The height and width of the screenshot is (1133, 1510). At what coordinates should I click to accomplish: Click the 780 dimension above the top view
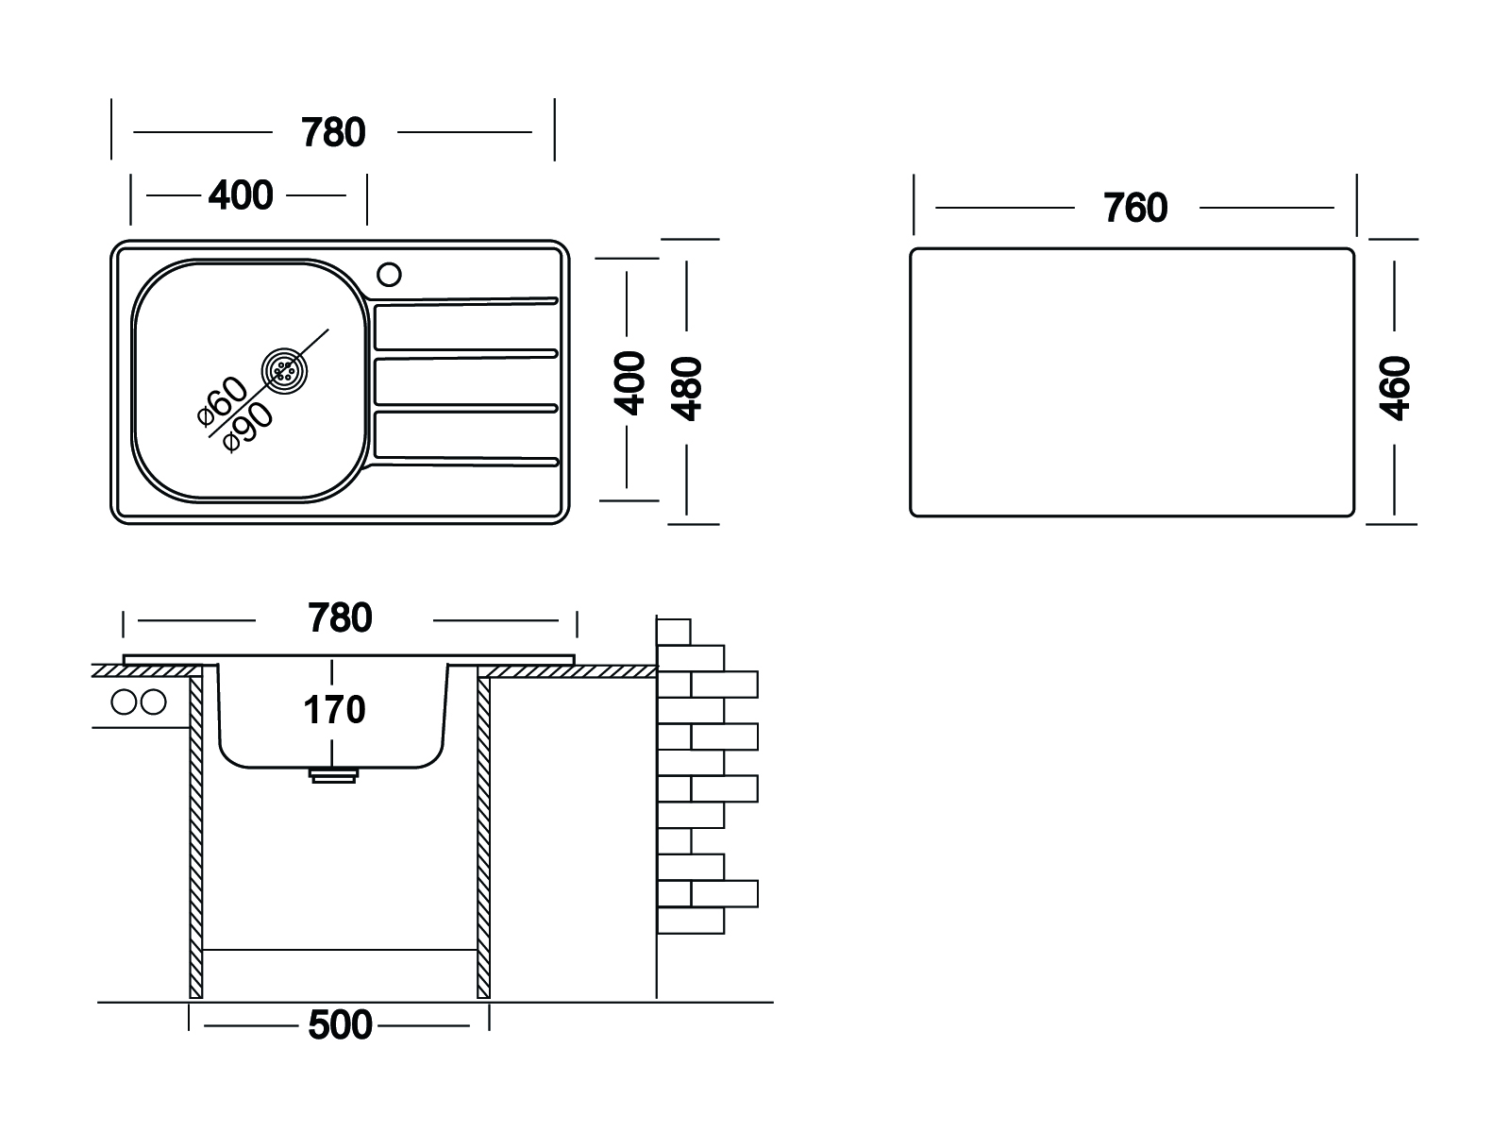333,133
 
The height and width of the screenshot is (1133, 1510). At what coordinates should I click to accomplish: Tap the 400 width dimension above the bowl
241,195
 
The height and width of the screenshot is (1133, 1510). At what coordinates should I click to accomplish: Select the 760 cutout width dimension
1135,208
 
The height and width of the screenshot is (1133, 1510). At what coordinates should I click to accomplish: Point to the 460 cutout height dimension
1394,388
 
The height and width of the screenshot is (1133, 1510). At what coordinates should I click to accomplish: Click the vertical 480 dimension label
690,388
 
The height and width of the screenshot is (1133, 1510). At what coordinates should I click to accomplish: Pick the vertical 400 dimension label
629,382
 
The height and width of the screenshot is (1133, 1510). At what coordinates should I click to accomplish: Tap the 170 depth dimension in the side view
335,710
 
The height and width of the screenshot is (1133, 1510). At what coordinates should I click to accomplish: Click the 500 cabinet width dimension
340,1025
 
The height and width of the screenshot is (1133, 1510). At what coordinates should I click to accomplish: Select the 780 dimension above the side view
340,619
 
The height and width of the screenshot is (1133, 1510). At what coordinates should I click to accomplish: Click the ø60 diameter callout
223,402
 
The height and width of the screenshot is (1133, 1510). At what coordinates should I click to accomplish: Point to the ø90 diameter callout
248,426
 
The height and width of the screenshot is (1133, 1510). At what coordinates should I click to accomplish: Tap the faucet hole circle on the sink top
389,275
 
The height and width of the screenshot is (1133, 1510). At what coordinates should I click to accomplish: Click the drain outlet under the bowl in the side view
333,774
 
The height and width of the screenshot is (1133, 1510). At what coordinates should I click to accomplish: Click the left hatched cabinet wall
196,831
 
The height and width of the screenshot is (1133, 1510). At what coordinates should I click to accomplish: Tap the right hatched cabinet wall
483,831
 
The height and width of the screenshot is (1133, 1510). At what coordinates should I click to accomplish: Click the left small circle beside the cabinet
124,702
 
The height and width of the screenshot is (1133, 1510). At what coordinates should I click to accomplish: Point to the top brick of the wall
673,631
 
